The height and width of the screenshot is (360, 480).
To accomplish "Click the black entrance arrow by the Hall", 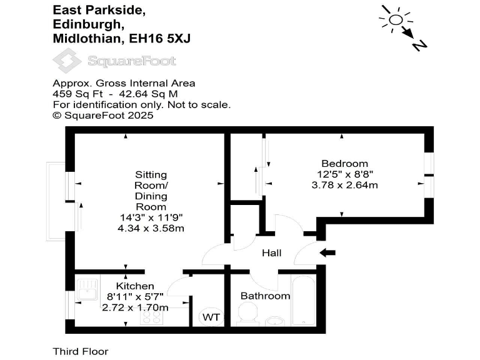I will tap(327, 252).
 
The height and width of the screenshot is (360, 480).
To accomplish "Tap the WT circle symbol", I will tap(211, 317).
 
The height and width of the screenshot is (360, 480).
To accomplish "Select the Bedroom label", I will tap(341, 164).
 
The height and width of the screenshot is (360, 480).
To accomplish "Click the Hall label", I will tap(271, 253).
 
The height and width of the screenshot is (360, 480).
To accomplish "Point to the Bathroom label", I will tap(265, 296).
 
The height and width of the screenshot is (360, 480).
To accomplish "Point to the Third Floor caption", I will tap(76, 351).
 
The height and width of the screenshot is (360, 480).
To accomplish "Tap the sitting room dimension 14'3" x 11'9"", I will tap(151, 217).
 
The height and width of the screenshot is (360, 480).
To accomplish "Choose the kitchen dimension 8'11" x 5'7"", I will tap(135, 297).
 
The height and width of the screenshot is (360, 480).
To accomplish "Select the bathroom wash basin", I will tap(275, 322).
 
